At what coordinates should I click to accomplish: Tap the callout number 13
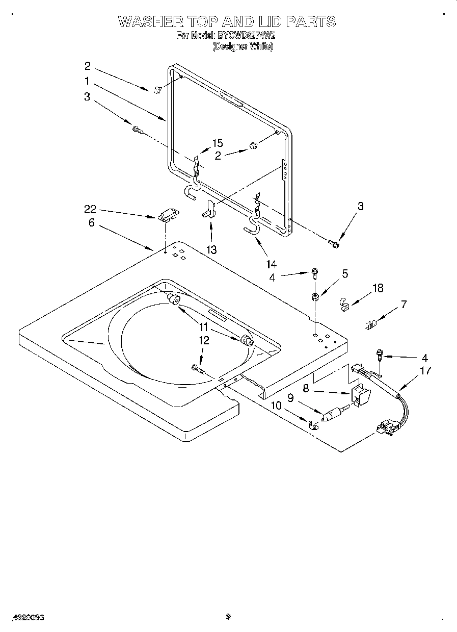tap(211, 249)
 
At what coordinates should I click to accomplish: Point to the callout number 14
tap(271, 264)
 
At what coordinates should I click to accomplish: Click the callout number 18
tap(378, 288)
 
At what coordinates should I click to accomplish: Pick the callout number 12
tap(204, 341)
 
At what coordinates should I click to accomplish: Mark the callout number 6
tap(92, 223)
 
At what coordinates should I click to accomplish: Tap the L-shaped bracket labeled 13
tap(209, 209)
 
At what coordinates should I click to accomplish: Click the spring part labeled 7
tap(372, 323)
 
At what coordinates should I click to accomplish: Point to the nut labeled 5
tap(315, 297)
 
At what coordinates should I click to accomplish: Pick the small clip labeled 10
tap(313, 422)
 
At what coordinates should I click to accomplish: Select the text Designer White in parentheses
tap(243, 46)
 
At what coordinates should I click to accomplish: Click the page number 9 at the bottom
tap(228, 617)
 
